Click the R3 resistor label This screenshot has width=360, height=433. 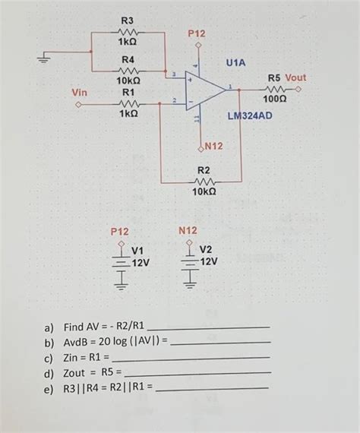[128, 19]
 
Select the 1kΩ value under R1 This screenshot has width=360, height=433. [128, 112]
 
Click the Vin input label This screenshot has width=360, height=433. [79, 92]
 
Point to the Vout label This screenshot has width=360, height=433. [295, 77]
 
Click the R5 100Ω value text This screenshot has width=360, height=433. [274, 99]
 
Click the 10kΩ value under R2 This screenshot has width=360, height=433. [204, 194]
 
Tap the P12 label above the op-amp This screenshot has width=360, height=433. [196, 34]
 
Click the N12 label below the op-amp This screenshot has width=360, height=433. [211, 145]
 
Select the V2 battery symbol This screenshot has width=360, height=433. [188, 262]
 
